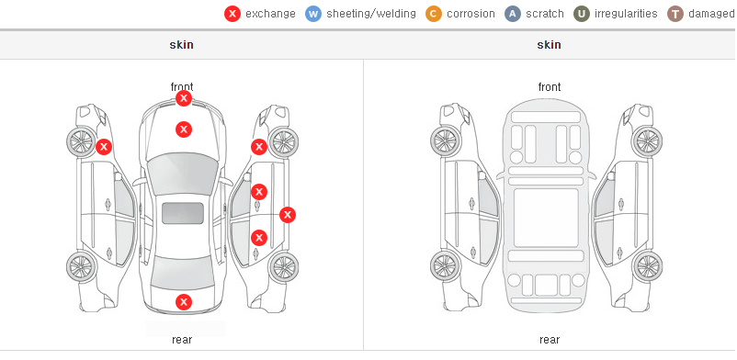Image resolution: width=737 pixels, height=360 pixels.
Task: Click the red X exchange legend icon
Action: click(x=232, y=14)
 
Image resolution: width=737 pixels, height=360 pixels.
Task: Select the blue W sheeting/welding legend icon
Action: click(x=313, y=14)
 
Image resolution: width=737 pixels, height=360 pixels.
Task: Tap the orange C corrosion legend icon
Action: click(x=434, y=14)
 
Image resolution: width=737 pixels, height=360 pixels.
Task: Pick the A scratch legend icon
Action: click(x=513, y=14)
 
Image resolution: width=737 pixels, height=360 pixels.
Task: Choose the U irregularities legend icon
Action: click(x=582, y=14)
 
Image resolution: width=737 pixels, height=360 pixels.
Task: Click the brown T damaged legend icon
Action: click(x=675, y=14)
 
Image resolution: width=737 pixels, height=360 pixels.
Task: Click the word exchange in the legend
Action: click(x=270, y=14)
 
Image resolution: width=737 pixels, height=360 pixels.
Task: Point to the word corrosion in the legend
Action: click(x=471, y=14)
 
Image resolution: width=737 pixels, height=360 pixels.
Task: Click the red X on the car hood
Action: click(x=184, y=129)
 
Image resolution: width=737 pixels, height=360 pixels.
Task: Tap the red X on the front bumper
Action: click(x=184, y=98)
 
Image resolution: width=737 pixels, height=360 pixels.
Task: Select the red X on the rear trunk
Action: click(x=184, y=302)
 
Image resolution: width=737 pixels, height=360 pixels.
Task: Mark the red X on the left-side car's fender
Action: click(x=104, y=147)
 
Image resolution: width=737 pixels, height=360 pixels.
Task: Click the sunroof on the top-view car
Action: click(x=183, y=213)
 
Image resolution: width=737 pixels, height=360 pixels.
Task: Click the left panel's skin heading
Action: click(x=181, y=45)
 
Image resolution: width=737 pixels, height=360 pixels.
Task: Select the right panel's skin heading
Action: click(x=549, y=45)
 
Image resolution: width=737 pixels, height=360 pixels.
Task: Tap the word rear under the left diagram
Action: click(x=182, y=340)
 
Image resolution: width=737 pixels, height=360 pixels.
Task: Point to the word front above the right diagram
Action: click(x=550, y=87)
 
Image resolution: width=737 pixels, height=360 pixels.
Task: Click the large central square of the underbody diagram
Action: click(x=546, y=218)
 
